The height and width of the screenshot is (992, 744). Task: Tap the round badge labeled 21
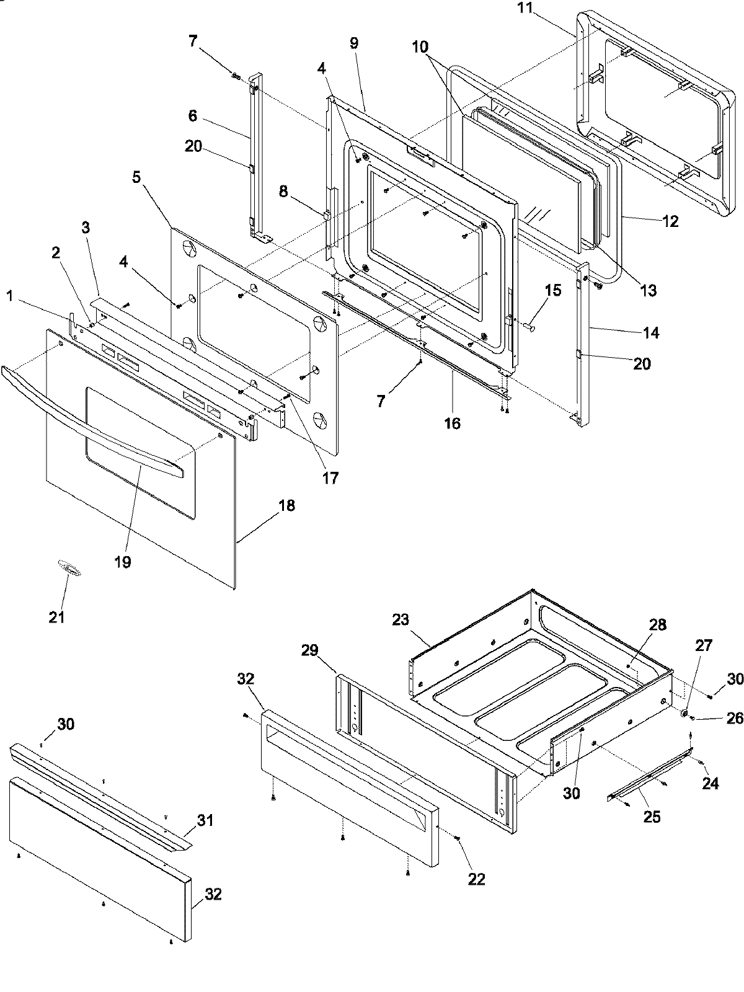pyautogui.click(x=69, y=569)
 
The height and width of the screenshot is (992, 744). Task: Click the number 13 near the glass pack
pyautogui.click(x=648, y=290)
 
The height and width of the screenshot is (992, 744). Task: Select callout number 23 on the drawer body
pyautogui.click(x=401, y=619)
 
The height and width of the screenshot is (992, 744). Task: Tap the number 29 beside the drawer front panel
pyautogui.click(x=309, y=650)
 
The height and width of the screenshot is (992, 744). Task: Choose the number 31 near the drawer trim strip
pyautogui.click(x=205, y=820)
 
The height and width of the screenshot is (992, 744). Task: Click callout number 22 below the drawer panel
pyautogui.click(x=477, y=879)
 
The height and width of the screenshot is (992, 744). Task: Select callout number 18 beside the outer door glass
pyautogui.click(x=286, y=505)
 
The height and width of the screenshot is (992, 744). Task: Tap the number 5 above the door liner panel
pyautogui.click(x=136, y=177)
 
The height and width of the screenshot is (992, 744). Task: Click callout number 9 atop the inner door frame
pyautogui.click(x=353, y=43)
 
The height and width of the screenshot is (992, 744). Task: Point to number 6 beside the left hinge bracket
pyautogui.click(x=192, y=116)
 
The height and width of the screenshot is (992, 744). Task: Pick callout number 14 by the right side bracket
pyautogui.click(x=651, y=333)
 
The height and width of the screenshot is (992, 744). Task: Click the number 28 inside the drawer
pyautogui.click(x=657, y=625)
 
